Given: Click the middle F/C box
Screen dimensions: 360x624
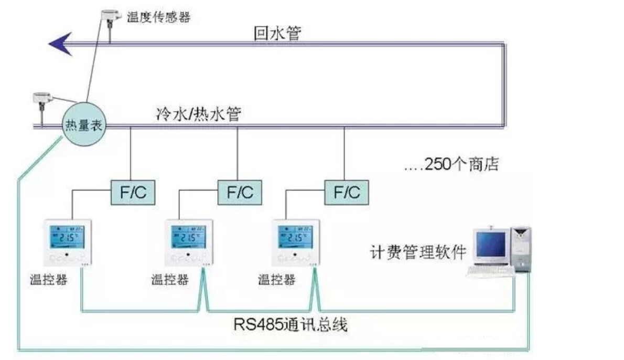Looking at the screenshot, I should pyautogui.click(x=240, y=193).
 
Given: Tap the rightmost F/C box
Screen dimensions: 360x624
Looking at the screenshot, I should pyautogui.click(x=346, y=193).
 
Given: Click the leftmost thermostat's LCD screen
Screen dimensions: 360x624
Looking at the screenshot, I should pyautogui.click(x=66, y=237).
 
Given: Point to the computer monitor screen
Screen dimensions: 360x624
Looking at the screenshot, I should pyautogui.click(x=491, y=244).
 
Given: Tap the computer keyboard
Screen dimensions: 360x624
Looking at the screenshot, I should pyautogui.click(x=489, y=271).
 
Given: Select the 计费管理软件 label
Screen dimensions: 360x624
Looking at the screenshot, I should pyautogui.click(x=418, y=252).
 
